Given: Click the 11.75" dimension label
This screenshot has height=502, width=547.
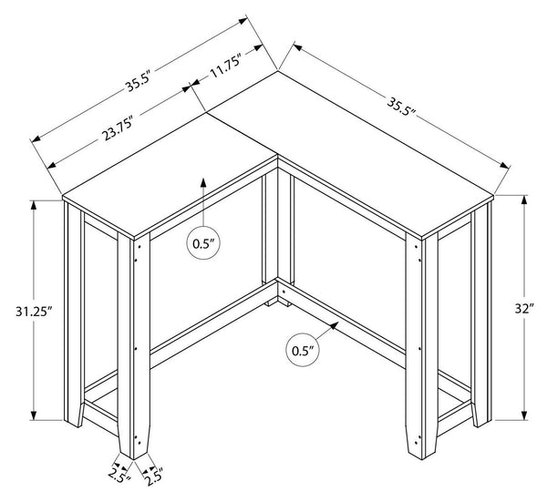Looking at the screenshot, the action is [225, 67].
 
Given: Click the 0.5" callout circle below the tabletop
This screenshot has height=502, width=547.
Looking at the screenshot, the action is [203, 243].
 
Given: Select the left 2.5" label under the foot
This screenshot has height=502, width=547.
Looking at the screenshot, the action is [119, 476].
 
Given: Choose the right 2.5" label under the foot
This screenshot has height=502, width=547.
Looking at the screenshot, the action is [153, 476].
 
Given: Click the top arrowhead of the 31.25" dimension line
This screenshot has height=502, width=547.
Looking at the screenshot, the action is [34, 205].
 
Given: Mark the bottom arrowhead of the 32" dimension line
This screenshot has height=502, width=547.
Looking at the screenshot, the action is [523, 415].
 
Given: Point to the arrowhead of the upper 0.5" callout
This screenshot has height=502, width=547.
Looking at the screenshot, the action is [203, 183].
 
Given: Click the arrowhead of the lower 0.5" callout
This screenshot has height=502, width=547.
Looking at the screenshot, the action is [334, 325].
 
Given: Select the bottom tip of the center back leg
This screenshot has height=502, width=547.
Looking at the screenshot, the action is [278, 304].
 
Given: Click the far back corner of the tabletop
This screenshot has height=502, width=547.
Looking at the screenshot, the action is [278, 71].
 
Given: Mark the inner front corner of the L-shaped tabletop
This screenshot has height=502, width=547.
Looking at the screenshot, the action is [278, 155].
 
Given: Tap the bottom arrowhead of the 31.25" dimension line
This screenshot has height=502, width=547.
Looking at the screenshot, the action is [34, 415].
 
